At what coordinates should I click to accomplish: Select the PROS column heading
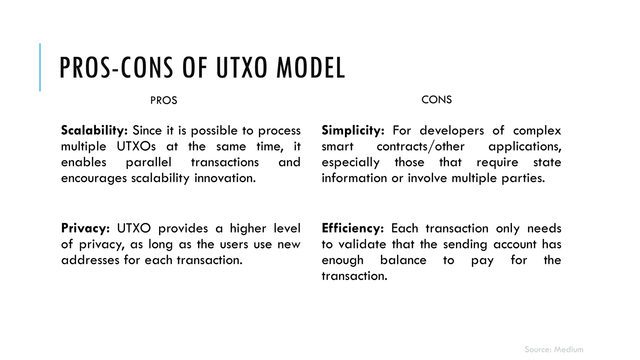point(164,101)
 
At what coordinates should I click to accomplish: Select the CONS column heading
point(437,100)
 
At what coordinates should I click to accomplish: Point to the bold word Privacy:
point(85,228)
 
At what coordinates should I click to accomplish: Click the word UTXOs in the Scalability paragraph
point(136,146)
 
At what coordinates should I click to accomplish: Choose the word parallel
point(148,162)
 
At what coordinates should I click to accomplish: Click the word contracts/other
point(421,146)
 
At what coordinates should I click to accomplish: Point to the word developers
point(452,131)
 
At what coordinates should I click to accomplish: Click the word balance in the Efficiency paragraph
point(403,260)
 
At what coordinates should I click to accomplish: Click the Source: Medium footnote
point(554,349)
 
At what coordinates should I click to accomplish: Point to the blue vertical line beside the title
point(40,67)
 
